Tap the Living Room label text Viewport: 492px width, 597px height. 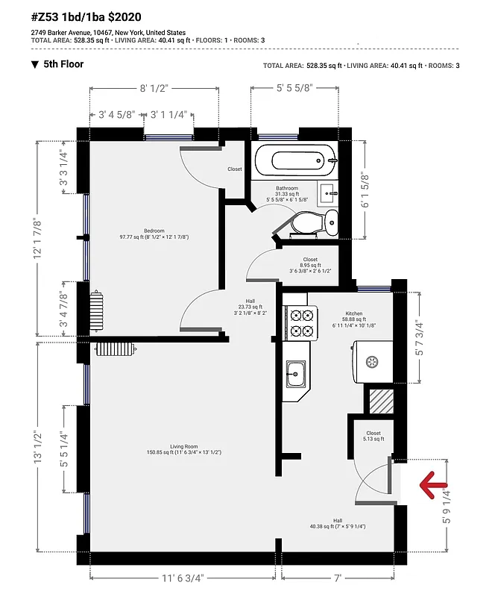[183, 448]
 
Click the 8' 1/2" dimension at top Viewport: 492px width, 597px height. [154, 88]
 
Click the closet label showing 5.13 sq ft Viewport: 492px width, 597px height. [373, 436]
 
